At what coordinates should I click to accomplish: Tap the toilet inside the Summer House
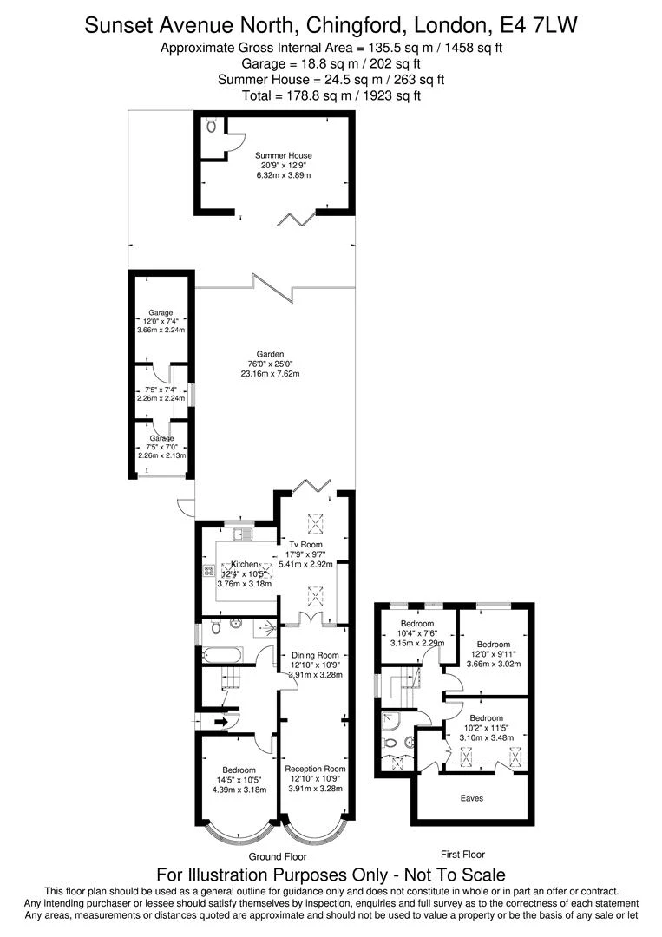tap(212, 126)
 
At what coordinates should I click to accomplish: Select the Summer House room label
tap(283, 155)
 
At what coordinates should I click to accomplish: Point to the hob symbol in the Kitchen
tap(209, 570)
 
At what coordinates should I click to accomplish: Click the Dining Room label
tap(315, 655)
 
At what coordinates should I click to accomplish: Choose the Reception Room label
tap(315, 769)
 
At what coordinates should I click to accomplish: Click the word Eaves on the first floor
tap(472, 797)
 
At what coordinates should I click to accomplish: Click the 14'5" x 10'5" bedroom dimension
tap(239, 779)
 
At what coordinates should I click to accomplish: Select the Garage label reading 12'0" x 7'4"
tap(161, 321)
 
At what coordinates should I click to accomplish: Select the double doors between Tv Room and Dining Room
tap(310, 619)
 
